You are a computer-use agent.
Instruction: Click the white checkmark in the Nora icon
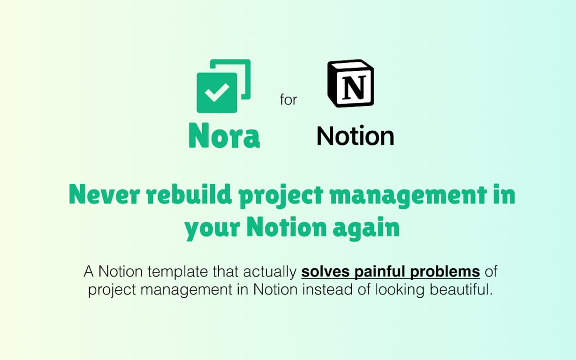[217, 92]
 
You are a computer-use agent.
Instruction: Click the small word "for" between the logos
[288, 100]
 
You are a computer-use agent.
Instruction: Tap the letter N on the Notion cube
[354, 87]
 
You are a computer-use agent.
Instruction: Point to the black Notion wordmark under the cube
[355, 136]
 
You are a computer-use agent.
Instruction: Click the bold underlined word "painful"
[379, 272]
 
